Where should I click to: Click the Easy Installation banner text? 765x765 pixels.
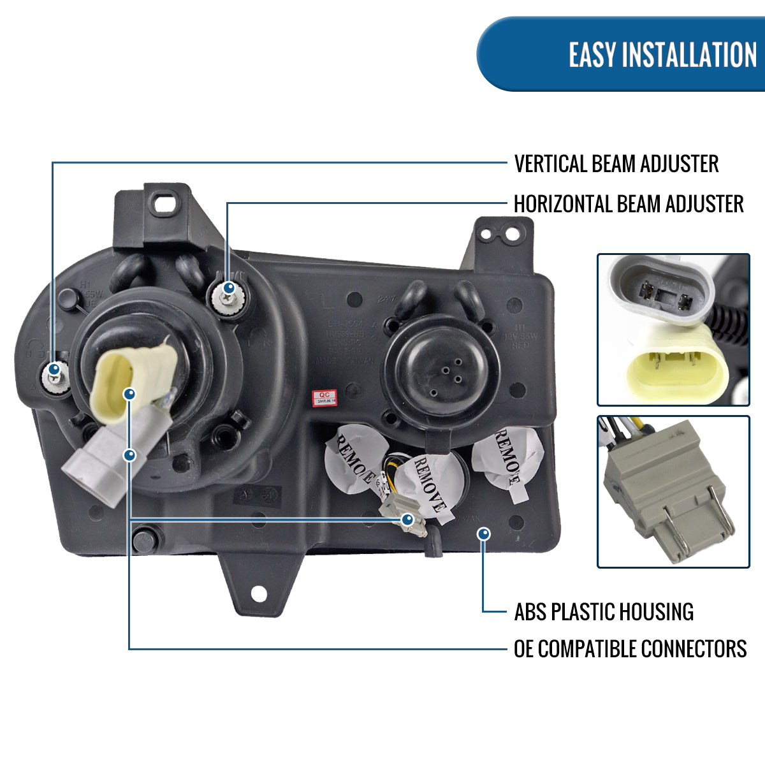[x=662, y=55]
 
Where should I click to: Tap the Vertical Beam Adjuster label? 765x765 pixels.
[x=616, y=164]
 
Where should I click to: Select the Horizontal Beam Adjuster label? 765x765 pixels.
[x=628, y=204]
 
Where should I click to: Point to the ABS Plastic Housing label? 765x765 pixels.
[x=603, y=612]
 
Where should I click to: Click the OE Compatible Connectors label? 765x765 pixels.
[x=630, y=649]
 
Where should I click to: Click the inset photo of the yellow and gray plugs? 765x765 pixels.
[x=673, y=330]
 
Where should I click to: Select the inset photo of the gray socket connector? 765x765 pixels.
[x=673, y=492]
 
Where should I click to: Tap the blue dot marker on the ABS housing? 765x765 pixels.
[x=484, y=534]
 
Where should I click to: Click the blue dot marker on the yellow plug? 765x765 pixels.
[x=130, y=395]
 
